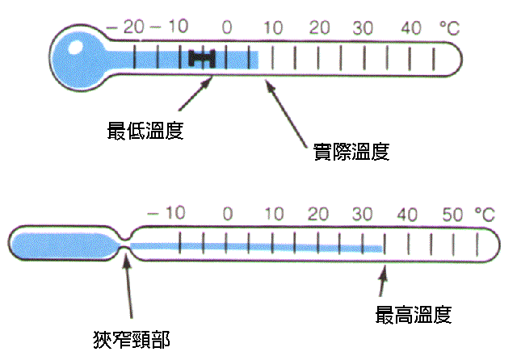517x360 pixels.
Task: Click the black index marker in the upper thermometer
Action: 203,57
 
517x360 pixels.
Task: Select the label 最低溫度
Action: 145,131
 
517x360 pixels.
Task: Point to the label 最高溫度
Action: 413,314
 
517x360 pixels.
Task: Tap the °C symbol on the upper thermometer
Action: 449,27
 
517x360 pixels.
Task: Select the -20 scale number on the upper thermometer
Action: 123,27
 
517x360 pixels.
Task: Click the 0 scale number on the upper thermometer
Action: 227,27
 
